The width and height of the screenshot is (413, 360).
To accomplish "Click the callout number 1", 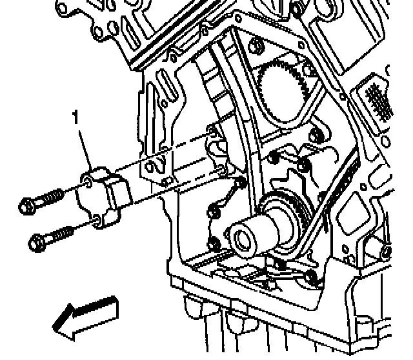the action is pos(76,118).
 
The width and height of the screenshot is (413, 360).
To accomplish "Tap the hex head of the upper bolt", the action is pos(25,206).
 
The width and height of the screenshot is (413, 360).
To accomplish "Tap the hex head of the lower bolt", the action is pos(37,243).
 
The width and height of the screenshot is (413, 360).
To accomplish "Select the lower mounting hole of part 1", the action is pos(96,223).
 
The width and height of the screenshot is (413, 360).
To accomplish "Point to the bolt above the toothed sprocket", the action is pos(256,46).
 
